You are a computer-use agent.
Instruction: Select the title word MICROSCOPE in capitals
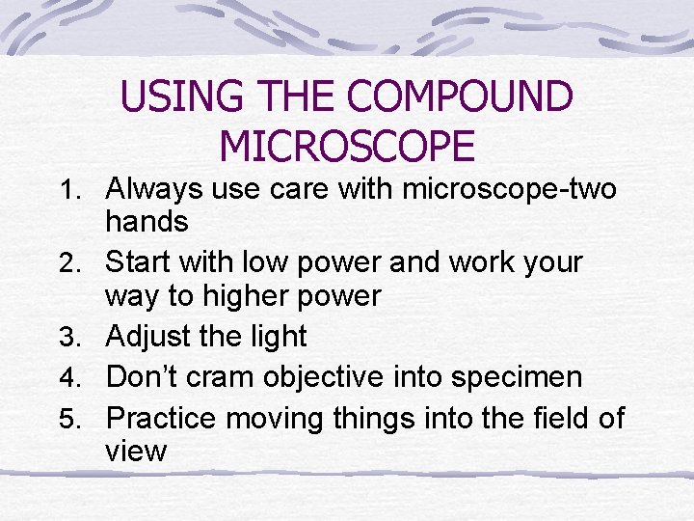347,147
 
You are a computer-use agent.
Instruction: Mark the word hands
147,222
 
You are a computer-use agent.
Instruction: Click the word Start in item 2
138,262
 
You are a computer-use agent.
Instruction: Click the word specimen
520,377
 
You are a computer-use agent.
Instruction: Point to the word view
136,451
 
